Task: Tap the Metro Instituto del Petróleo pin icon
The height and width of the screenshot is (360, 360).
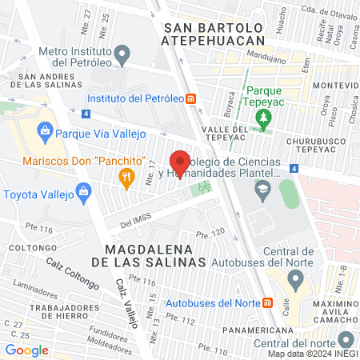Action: click(x=122, y=55)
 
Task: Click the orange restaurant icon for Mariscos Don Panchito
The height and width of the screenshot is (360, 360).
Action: click(x=126, y=177)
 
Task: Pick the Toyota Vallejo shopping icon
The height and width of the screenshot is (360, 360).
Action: click(x=82, y=191)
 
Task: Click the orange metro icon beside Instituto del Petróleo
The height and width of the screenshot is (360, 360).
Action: click(x=190, y=99)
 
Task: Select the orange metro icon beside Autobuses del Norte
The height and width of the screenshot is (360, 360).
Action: click(x=267, y=303)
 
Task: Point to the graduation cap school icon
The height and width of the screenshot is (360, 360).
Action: click(x=262, y=190)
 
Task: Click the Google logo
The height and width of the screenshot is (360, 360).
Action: click(x=26, y=350)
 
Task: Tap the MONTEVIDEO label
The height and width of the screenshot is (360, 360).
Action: click(x=336, y=86)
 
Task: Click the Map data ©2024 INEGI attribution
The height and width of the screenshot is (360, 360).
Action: click(x=313, y=354)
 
